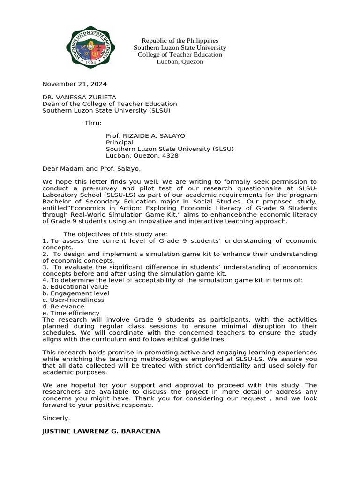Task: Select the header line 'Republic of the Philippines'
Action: click(180, 41)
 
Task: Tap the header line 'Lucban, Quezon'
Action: click(180, 61)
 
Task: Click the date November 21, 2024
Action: click(75, 84)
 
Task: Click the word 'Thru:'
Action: click(93, 123)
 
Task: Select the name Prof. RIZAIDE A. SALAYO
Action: click(145, 136)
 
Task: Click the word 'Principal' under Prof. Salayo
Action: click(120, 142)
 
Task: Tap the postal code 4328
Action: click(169, 156)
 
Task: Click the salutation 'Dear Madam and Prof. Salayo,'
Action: click(91, 169)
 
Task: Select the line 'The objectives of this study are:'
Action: click(115, 234)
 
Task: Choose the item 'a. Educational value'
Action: click(75, 287)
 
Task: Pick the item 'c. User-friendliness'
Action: click(73, 300)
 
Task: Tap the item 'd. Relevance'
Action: click(63, 307)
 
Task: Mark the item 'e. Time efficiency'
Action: click(71, 313)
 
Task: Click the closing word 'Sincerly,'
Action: click(56, 418)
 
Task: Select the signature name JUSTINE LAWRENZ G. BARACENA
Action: click(101, 431)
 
